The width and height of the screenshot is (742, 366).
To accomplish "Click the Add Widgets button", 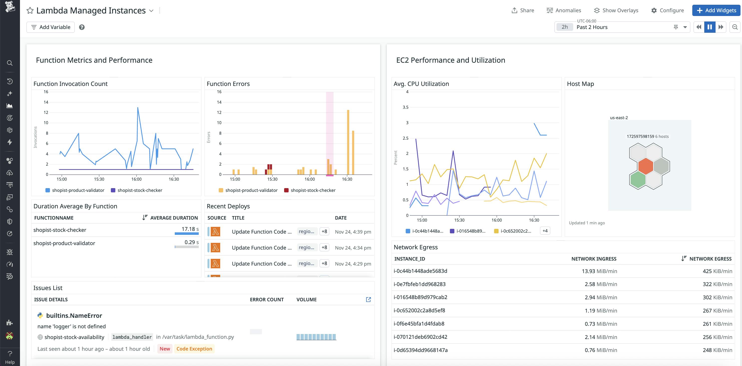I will tap(716, 10).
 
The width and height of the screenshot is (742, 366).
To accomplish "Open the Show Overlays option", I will tap(616, 10).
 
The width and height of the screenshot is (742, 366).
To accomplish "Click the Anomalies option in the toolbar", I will tap(564, 10).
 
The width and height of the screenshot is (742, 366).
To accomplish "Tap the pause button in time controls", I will tap(710, 27).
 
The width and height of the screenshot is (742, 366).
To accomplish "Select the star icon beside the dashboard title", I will tap(30, 11).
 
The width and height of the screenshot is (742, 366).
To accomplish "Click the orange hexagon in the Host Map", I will tap(646, 166).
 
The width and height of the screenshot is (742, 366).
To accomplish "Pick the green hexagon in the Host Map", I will tap(638, 180).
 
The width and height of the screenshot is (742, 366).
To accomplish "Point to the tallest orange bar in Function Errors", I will tap(348, 141).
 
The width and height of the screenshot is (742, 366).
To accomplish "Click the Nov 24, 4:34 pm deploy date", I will tap(353, 248).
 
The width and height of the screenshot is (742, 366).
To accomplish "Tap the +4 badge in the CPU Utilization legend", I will tap(545, 231).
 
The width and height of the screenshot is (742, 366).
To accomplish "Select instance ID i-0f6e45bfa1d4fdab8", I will tap(419, 324).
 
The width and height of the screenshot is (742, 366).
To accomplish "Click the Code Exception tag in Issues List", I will tap(194, 349).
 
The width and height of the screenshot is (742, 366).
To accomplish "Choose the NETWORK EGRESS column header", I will tap(710, 259).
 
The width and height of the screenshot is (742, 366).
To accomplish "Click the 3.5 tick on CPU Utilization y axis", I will tap(405, 107).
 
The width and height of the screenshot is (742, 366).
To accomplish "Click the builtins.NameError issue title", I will tap(74, 316).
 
